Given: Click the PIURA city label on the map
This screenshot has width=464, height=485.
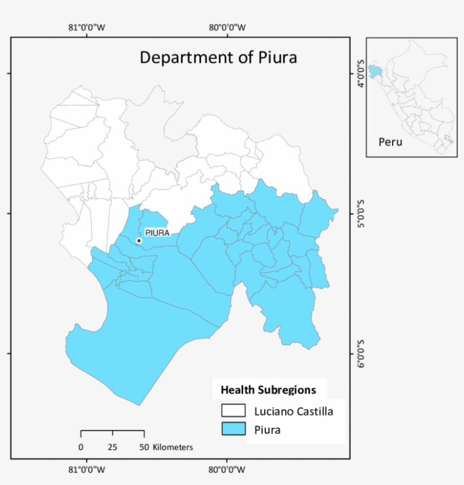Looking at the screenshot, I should (157, 232).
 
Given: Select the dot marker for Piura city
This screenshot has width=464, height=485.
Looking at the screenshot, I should (139, 241).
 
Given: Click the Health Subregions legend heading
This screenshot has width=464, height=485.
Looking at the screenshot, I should (268, 390).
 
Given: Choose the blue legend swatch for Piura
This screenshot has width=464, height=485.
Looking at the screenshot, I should (233, 430).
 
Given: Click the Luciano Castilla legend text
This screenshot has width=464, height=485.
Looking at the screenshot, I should (294, 411).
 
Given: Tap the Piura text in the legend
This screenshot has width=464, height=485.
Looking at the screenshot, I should (268, 430).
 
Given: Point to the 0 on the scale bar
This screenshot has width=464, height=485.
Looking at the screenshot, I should (81, 447).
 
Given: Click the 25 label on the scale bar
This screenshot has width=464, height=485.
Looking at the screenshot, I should (113, 447).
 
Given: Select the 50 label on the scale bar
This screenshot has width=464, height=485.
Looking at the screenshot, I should (144, 447).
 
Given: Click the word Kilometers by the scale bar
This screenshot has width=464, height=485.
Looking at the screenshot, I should (173, 447).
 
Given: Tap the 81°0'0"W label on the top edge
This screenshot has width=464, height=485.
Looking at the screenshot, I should (87, 27).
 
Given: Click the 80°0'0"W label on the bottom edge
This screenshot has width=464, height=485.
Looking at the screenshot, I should (227, 469).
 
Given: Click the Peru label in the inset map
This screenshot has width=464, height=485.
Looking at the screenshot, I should (390, 142).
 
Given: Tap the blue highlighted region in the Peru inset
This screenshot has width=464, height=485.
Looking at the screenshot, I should (375, 71).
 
